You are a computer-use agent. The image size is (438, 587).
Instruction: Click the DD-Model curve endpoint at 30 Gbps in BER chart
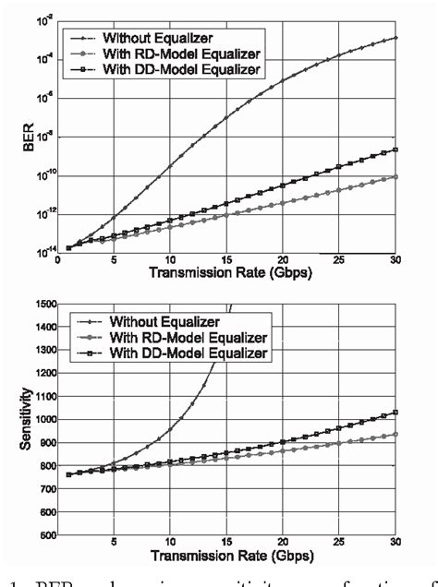coord(395,150)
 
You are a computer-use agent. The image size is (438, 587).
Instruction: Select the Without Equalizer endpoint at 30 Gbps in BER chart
coord(395,38)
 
